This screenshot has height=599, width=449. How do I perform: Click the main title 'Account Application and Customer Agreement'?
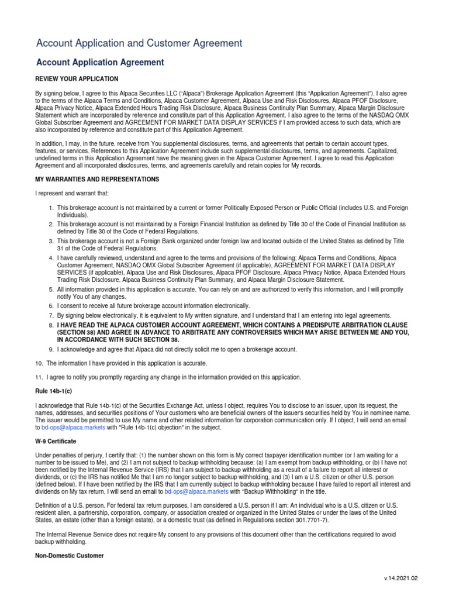point(139,43)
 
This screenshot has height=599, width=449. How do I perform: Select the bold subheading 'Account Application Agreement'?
point(100,63)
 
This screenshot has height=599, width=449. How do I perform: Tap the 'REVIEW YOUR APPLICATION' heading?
point(77,79)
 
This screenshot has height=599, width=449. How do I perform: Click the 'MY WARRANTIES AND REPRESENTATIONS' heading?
point(97,179)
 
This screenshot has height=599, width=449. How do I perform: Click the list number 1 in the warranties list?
point(51,208)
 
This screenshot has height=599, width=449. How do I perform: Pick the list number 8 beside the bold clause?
point(51,325)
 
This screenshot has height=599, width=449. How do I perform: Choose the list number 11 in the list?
point(40,377)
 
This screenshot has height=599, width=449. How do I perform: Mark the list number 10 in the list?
point(40,363)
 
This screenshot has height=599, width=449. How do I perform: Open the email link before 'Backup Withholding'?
point(194,493)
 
